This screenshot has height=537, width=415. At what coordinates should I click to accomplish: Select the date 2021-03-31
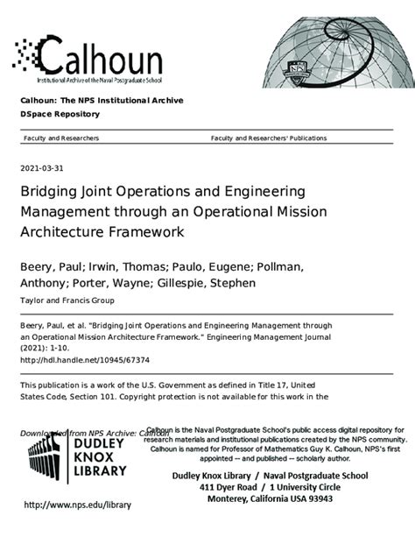[43, 168]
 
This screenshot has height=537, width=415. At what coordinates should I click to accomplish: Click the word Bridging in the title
[51, 191]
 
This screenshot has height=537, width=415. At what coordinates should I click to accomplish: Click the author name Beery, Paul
[53, 264]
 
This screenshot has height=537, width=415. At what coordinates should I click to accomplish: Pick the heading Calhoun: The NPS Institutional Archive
[102, 101]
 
